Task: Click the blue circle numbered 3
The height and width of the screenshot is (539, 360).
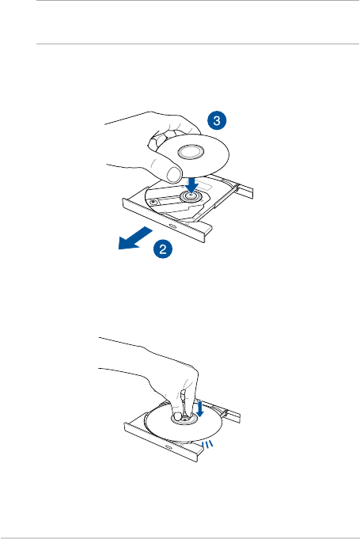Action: (217, 120)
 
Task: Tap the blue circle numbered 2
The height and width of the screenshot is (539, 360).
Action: (163, 249)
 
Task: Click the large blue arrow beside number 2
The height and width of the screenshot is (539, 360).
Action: (135, 237)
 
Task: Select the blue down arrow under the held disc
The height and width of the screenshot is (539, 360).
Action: (191, 184)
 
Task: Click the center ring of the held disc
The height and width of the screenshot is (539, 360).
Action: (191, 152)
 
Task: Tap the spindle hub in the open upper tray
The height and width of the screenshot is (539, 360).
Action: (190, 196)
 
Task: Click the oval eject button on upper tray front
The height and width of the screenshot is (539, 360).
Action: (172, 226)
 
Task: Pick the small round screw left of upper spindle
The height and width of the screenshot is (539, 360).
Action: (153, 201)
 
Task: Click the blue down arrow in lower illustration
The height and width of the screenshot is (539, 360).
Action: (200, 408)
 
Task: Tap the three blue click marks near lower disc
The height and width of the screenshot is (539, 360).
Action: (207, 444)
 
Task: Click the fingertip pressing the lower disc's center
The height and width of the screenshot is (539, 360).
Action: (177, 416)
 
